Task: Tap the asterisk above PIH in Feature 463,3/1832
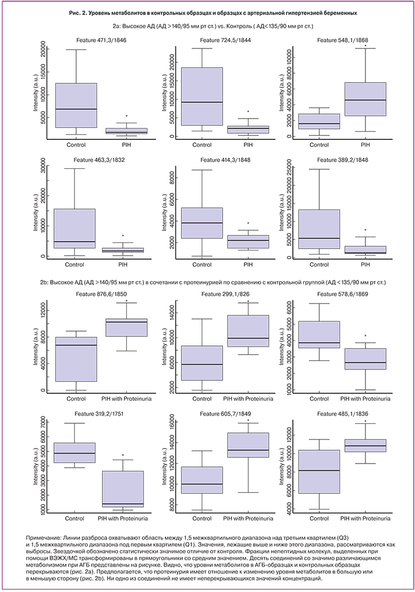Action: click(x=123, y=236)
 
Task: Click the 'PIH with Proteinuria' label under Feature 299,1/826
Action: click(x=248, y=398)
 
